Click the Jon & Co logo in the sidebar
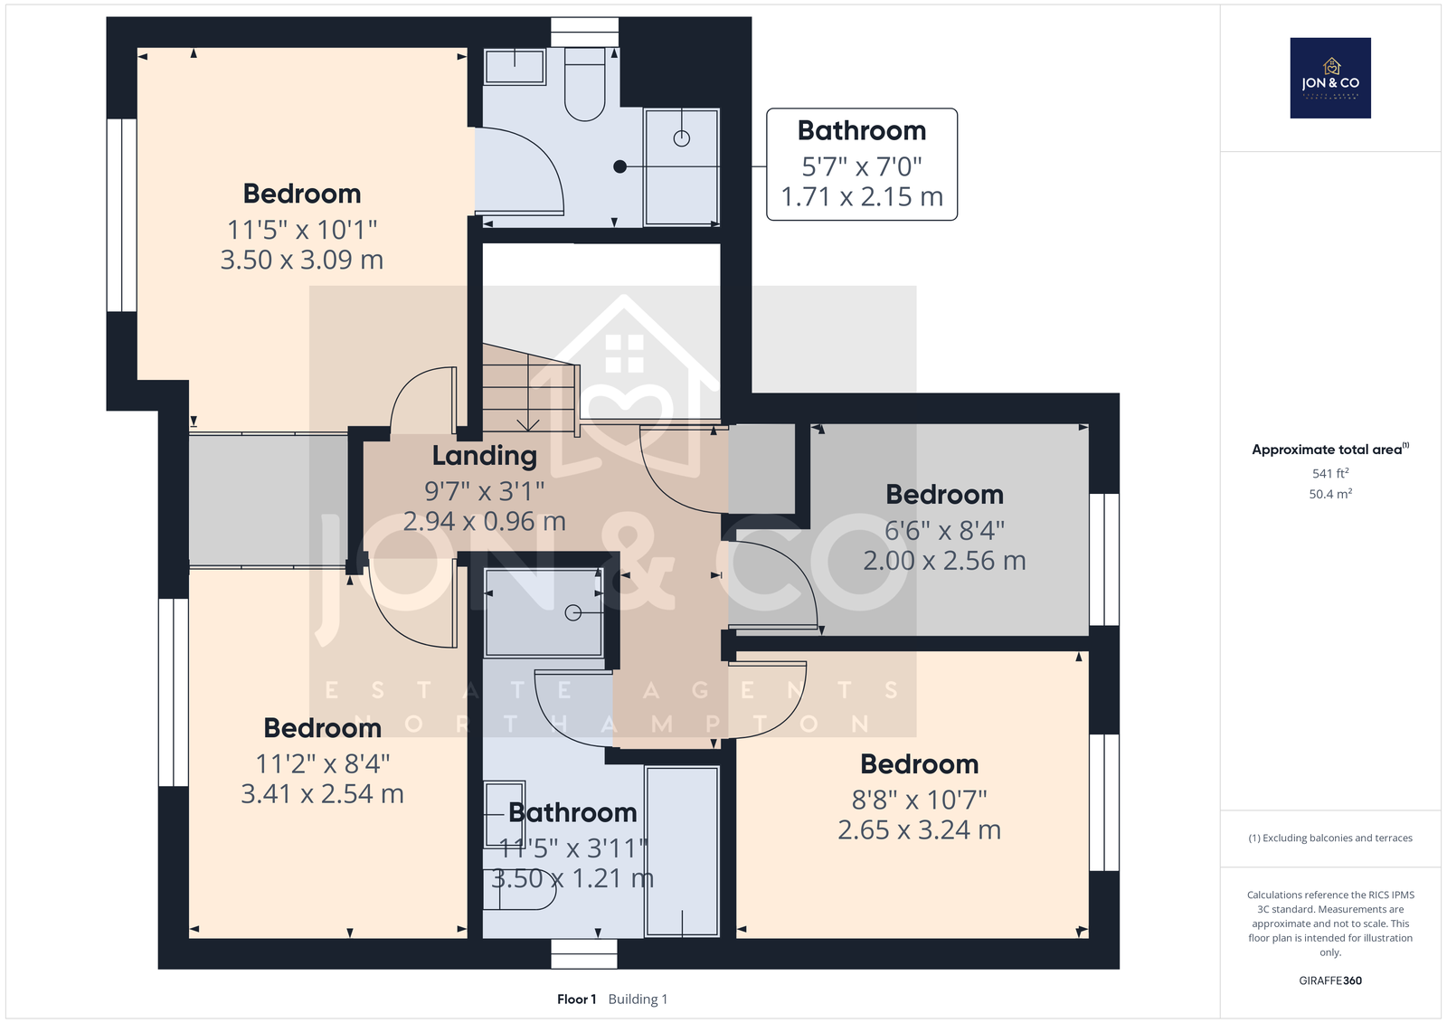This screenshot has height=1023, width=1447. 1330,78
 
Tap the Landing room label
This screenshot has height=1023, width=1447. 485,456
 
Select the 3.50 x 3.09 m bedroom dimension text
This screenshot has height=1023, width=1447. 302,260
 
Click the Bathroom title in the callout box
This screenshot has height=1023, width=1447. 862,130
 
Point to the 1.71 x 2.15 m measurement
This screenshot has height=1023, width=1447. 862,196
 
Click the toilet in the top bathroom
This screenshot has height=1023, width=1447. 584,84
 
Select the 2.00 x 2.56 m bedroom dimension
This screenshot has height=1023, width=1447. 944,560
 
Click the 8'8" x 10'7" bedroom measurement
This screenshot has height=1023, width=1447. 919,800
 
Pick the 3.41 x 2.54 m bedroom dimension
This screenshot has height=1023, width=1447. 322,793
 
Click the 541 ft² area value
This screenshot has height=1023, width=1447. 1330,473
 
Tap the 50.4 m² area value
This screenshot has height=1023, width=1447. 1330,494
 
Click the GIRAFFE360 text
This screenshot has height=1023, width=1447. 1330,980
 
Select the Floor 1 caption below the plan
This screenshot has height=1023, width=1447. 576,999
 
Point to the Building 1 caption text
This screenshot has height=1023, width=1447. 638,999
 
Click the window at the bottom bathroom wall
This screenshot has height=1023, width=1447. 584,954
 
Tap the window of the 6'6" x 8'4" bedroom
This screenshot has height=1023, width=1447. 1104,560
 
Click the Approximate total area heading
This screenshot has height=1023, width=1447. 1330,450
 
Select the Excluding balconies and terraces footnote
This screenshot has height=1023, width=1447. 1330,838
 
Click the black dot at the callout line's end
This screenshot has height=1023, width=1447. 620,166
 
